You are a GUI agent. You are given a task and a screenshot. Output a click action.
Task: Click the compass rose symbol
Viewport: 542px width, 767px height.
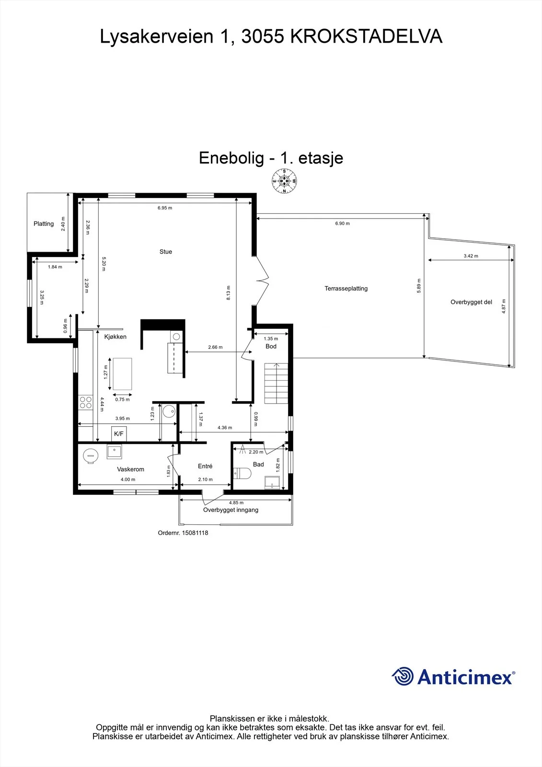click(x=284, y=181)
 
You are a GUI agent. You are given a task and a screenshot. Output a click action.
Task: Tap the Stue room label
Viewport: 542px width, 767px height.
click(x=166, y=252)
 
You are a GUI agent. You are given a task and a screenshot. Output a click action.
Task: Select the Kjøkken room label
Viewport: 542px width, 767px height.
click(x=115, y=337)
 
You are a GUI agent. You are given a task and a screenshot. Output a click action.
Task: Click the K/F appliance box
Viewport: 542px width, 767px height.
click(x=119, y=434)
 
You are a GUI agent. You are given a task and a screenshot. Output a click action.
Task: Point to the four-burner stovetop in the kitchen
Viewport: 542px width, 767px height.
click(x=86, y=402)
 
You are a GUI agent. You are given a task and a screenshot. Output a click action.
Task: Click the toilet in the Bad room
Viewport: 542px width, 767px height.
click(x=242, y=474)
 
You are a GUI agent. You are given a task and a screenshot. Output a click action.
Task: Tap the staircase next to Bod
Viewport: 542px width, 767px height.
click(x=276, y=383)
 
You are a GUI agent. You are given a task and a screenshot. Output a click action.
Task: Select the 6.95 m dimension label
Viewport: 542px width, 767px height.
click(x=165, y=208)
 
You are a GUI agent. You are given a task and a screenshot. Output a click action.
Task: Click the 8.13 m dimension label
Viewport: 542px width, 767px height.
click(x=229, y=293)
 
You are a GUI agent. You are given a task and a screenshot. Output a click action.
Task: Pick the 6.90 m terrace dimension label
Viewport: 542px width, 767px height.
click(x=342, y=223)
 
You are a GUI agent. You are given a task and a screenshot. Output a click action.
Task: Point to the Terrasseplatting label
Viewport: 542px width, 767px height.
click(x=346, y=288)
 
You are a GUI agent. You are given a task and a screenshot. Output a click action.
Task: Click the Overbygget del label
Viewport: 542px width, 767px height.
click(x=471, y=302)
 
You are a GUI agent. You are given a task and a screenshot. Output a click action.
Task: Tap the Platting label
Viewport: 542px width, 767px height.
click(x=44, y=223)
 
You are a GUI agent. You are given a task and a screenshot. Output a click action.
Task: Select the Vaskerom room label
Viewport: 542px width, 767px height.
click(x=130, y=469)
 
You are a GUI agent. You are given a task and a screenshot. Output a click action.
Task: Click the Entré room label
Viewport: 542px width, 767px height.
click(x=205, y=466)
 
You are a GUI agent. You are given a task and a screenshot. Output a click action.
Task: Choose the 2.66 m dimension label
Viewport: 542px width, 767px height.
click(x=215, y=347)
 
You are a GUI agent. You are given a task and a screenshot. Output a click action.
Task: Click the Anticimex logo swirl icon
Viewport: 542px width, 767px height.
click(x=403, y=676)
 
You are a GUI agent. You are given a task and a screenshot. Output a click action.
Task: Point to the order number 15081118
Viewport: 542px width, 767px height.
click(x=195, y=533)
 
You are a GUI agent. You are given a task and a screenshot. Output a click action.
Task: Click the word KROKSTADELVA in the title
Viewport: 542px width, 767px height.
click(x=366, y=36)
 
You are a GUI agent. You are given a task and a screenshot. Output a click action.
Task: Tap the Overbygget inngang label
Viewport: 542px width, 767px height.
click(x=231, y=510)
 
